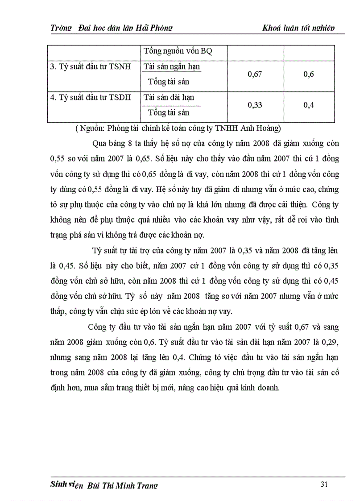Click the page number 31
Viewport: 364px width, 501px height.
[x=324, y=484]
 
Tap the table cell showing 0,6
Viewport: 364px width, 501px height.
[x=308, y=74]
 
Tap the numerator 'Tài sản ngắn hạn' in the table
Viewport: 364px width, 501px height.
[x=172, y=66]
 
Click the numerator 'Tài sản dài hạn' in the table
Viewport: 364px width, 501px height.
[x=169, y=97]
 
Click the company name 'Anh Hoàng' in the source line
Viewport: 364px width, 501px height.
[x=262, y=129]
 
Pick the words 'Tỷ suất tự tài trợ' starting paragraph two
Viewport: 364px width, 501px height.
[x=121, y=250]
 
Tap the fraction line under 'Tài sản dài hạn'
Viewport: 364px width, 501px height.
[x=172, y=105]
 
